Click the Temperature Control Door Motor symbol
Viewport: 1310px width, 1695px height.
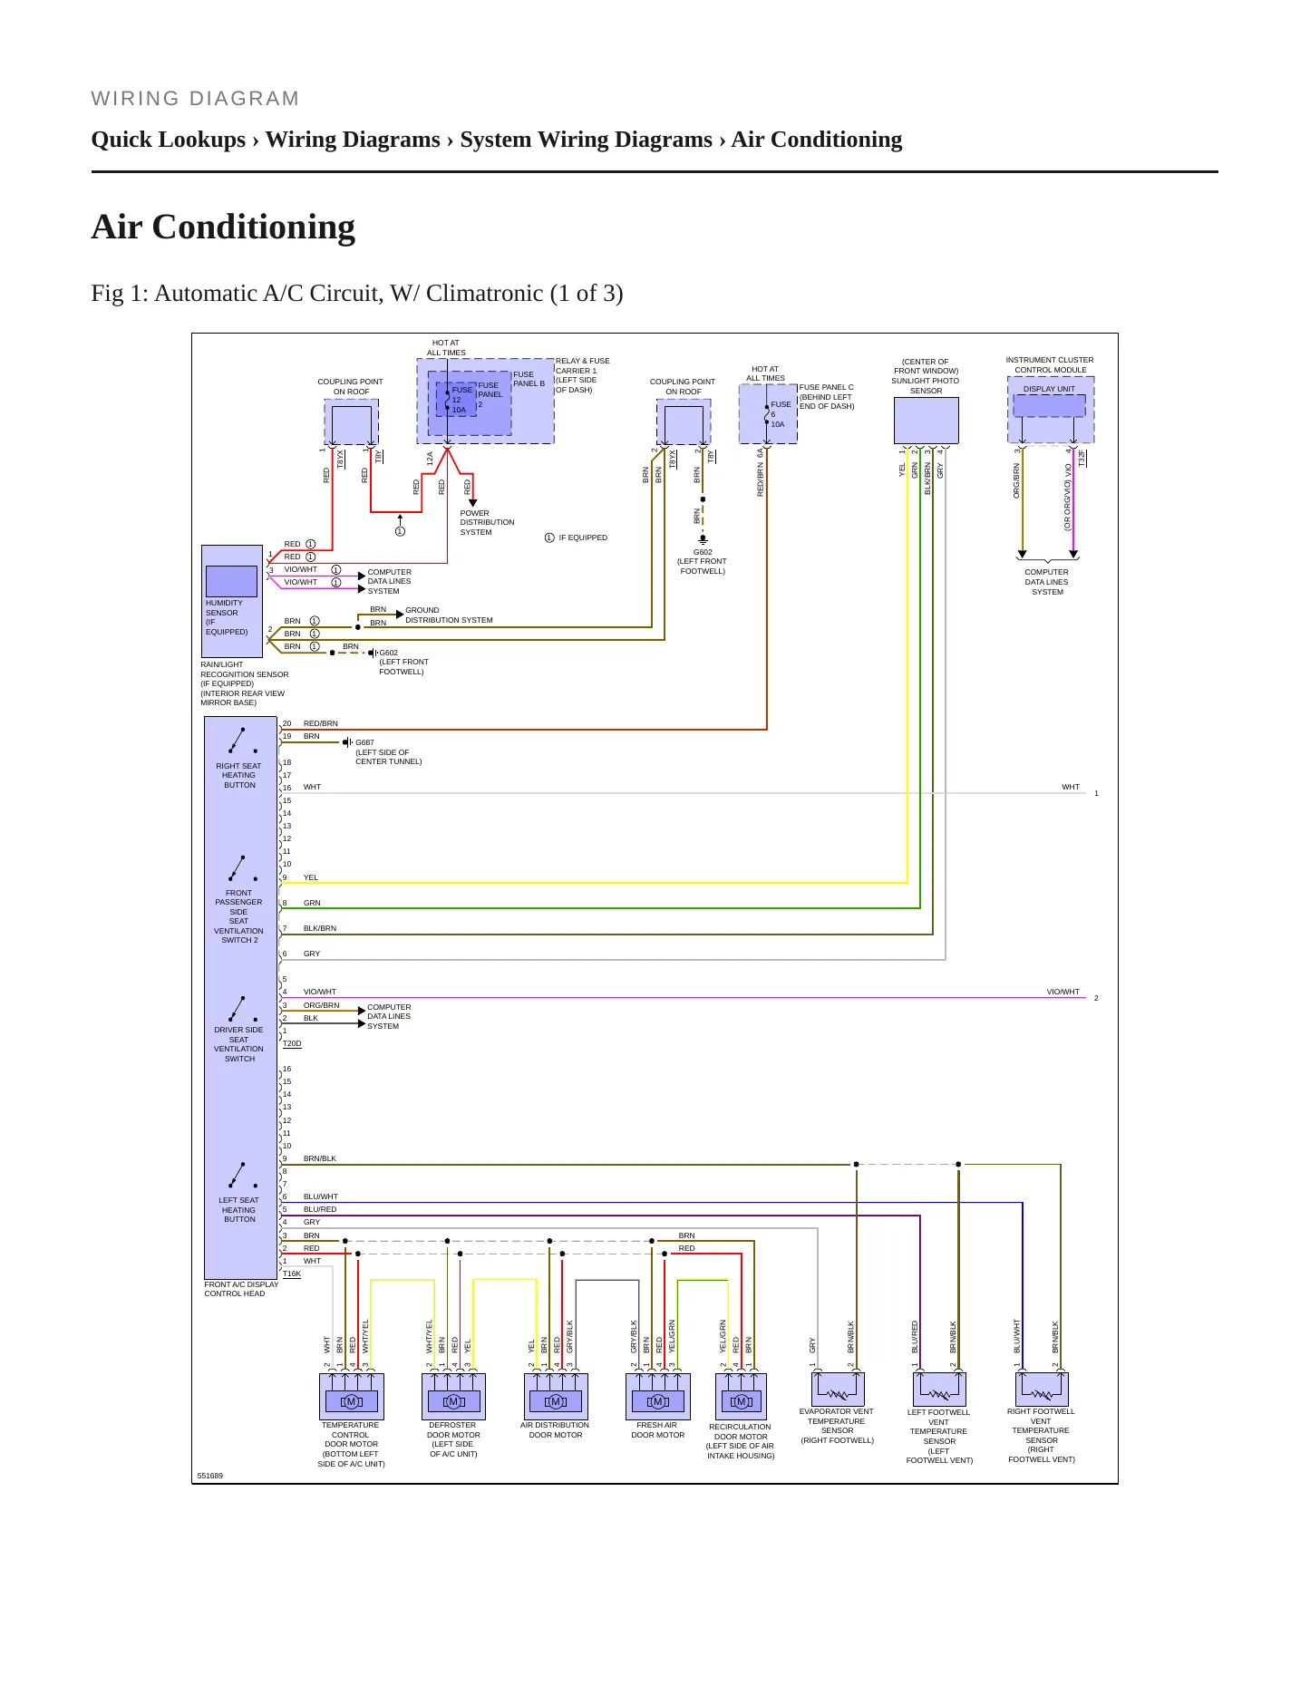(x=352, y=1396)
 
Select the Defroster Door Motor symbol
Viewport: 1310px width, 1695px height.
(x=454, y=1396)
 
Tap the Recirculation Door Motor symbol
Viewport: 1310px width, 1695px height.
(x=741, y=1396)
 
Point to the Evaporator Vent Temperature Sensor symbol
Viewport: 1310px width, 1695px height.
(x=838, y=1389)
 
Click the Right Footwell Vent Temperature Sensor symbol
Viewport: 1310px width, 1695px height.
(x=1043, y=1389)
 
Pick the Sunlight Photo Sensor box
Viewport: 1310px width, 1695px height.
(x=926, y=421)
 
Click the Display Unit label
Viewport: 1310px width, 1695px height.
(x=1049, y=389)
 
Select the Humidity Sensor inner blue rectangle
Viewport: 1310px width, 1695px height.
(x=231, y=581)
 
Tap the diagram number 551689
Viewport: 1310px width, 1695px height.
(x=210, y=1476)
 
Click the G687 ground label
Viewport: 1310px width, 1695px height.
(x=364, y=742)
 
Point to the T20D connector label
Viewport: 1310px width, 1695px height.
(x=292, y=1044)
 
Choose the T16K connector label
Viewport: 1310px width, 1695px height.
(x=292, y=1274)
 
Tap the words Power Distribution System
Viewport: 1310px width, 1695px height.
(x=487, y=522)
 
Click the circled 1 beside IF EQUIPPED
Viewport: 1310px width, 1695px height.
(x=549, y=538)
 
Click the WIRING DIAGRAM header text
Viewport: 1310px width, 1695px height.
(x=195, y=99)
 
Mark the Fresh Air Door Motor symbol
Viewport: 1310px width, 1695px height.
(x=658, y=1396)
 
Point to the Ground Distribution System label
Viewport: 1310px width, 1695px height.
(x=449, y=615)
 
